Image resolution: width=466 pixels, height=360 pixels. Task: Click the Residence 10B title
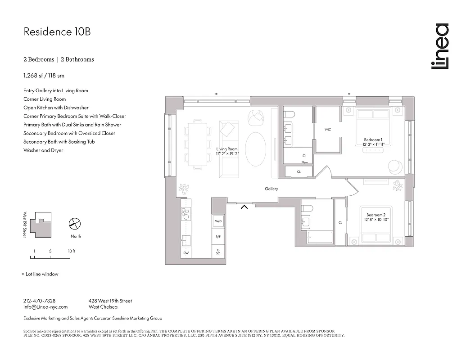tap(53, 32)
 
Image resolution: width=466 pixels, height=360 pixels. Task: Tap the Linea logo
tap(439, 46)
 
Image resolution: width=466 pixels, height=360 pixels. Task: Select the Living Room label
tap(226, 151)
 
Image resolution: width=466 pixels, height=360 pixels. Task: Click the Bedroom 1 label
tap(373, 142)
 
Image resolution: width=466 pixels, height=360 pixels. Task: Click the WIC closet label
tap(328, 130)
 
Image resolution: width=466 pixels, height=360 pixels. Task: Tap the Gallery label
tap(271, 189)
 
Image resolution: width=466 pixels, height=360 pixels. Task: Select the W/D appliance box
tap(218, 221)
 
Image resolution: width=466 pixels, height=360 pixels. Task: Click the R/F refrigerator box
tap(218, 236)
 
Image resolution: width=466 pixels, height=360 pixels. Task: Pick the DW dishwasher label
tap(186, 253)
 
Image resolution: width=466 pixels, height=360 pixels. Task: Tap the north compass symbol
tap(74, 223)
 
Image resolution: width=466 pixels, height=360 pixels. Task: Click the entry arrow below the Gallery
tap(244, 207)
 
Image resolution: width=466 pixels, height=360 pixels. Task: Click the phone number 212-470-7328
tap(39, 301)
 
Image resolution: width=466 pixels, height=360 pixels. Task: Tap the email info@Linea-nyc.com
tap(45, 307)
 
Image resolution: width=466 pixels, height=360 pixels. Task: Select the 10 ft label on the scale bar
tap(71, 251)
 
